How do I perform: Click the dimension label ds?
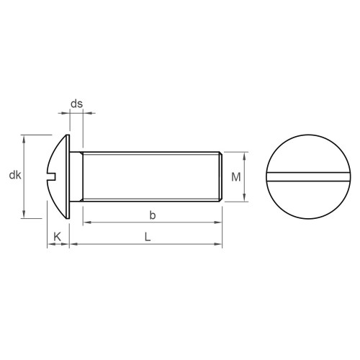coord(76,104)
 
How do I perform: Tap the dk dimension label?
coord(15,175)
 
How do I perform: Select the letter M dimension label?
coord(235,177)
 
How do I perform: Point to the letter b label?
coord(153,215)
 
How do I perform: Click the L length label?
coord(148,237)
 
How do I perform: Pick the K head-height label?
coord(58,237)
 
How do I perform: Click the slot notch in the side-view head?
coord(52,176)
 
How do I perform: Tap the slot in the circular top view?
coord(308,176)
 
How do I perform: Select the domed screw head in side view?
coord(60,176)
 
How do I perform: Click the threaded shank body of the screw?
coord(151,176)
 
